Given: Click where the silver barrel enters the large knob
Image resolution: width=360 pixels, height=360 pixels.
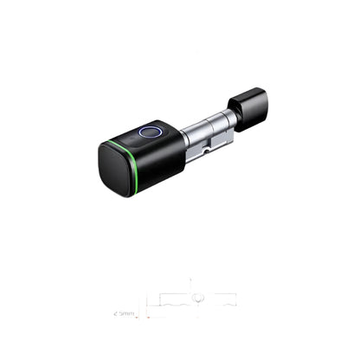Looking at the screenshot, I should point(183,138).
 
